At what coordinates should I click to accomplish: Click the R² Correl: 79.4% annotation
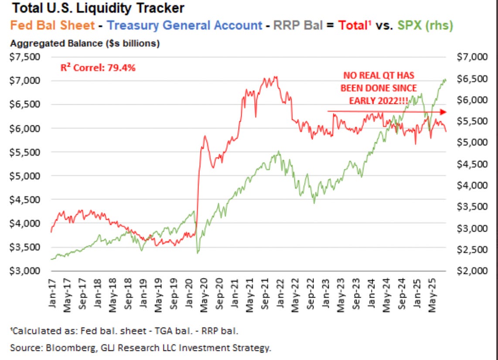[98, 68]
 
